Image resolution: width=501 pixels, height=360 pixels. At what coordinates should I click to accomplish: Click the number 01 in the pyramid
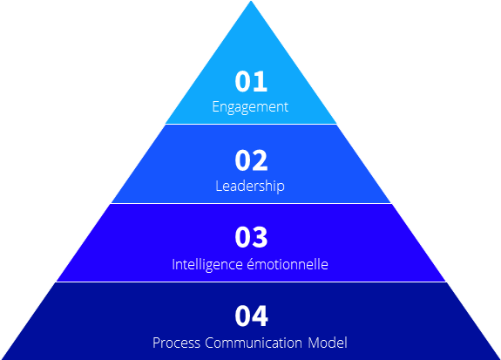pyautogui.click(x=251, y=82)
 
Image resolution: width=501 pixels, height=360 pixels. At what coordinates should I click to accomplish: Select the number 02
pyautogui.click(x=251, y=160)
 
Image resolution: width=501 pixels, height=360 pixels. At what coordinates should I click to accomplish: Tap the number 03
pyautogui.click(x=251, y=237)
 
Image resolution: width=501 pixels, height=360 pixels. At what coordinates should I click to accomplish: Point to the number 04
pyautogui.click(x=252, y=316)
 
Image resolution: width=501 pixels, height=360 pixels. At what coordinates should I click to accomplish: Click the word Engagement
pyautogui.click(x=250, y=107)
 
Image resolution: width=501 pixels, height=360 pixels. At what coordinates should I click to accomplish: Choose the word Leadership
pyautogui.click(x=250, y=186)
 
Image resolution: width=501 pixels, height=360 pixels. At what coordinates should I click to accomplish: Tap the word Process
pyautogui.click(x=176, y=343)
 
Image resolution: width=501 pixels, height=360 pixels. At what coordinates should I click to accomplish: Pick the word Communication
pyautogui.click(x=254, y=343)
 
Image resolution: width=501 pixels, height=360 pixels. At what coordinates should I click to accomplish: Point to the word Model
pyautogui.click(x=328, y=343)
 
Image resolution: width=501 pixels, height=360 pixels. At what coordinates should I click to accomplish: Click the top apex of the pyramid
pyautogui.click(x=251, y=1)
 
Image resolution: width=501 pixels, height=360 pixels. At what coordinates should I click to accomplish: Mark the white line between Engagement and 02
pyautogui.click(x=251, y=124)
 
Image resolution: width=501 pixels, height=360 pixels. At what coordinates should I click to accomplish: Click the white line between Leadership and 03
pyautogui.click(x=251, y=203)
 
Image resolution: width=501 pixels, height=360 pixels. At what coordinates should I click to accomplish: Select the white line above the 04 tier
pyautogui.click(x=251, y=282)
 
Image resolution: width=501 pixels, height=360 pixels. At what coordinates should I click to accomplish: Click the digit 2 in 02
pyautogui.click(x=261, y=160)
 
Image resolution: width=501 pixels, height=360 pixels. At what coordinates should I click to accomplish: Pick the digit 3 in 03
pyautogui.click(x=261, y=237)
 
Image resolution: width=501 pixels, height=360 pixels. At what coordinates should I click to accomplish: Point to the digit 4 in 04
pyautogui.click(x=261, y=316)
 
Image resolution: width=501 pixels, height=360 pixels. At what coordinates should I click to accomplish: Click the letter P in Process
pyautogui.click(x=157, y=343)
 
